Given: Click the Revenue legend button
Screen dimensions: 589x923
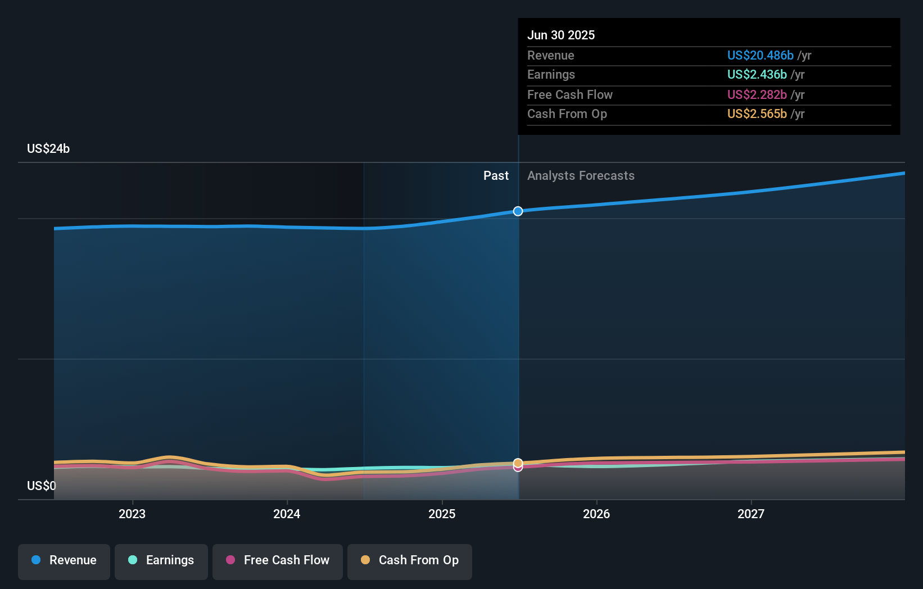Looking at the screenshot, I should pos(64,560).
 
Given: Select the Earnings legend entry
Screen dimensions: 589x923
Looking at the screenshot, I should pos(161,560).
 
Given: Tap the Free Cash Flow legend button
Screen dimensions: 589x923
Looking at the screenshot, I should pos(278,560).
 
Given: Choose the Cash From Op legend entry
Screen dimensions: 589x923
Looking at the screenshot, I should pos(410,560).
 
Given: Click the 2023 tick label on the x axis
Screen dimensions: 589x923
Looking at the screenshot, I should pos(132,514).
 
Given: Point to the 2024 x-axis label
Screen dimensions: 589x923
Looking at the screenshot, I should pos(287,514).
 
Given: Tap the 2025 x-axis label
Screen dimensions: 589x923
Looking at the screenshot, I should pos(442,514).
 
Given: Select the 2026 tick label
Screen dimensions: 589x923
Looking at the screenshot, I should pos(596,514).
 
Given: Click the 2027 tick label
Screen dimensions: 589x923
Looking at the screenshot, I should pos(751,514).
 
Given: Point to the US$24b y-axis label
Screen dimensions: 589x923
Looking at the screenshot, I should pos(48,148).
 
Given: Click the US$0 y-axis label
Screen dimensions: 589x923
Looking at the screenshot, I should pos(42,486).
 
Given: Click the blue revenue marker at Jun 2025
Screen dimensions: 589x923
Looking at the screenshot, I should pos(518,211).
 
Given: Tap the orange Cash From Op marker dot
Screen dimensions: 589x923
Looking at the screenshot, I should pos(518,463).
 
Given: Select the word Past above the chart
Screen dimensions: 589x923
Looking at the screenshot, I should pos(496,176).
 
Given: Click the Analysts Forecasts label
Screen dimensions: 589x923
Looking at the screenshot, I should pos(581,176).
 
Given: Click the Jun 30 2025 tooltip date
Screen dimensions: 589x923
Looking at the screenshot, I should pos(561,35).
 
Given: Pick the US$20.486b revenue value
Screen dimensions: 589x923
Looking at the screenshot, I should pos(760,55).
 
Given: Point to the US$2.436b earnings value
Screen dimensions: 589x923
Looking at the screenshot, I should pos(757,74).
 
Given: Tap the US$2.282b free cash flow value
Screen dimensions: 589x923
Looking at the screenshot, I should pos(757,94).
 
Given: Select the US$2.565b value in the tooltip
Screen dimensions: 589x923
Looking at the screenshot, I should pos(757,114).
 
